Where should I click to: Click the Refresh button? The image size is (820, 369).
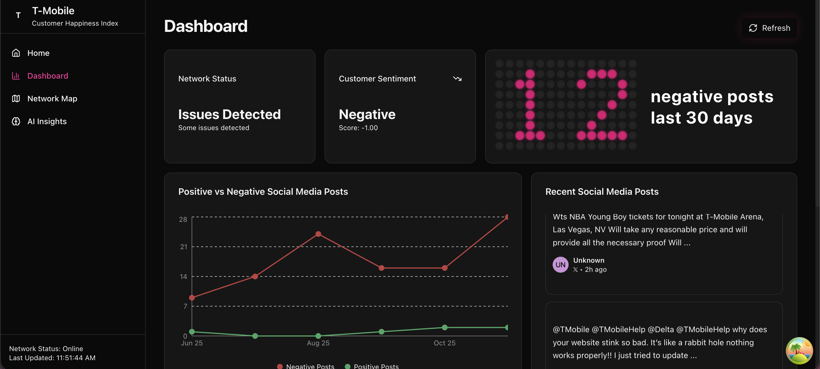coord(769,28)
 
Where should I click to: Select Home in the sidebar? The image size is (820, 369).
coord(38,53)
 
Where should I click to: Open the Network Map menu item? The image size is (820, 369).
coord(52,99)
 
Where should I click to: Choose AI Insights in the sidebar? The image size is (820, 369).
coord(47,121)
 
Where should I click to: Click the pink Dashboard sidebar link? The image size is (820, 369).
coord(48,76)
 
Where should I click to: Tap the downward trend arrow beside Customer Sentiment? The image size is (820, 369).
coord(457,79)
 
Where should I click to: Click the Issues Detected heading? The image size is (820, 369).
coord(229,114)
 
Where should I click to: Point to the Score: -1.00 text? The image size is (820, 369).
coord(358,128)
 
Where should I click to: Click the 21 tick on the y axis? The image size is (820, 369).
coord(183,247)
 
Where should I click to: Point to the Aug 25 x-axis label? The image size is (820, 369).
coord(318,343)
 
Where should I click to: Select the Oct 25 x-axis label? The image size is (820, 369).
coord(444,343)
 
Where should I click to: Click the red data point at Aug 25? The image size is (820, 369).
coord(318,234)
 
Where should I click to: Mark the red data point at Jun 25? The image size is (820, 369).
coord(192,298)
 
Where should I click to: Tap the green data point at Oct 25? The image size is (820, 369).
coord(445,327)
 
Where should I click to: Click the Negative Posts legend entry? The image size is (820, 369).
coord(306,366)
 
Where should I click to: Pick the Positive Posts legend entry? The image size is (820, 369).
coord(372,366)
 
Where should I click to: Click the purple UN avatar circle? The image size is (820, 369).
coord(560,265)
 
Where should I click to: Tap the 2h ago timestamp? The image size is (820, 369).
coord(596,270)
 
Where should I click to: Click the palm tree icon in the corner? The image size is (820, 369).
coord(799,350)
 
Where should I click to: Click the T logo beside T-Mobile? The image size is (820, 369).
coord(18,15)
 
